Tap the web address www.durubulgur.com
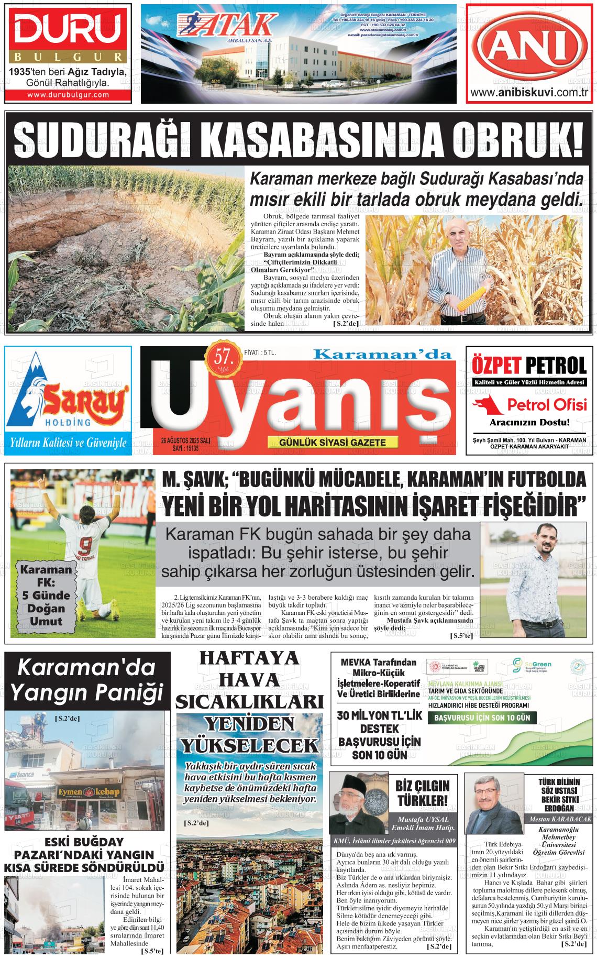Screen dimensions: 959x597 coord(68,95)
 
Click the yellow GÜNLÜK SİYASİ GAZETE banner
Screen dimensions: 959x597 coord(333,442)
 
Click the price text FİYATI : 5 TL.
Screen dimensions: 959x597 coord(260,353)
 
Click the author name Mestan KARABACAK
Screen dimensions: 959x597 coord(560,819)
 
